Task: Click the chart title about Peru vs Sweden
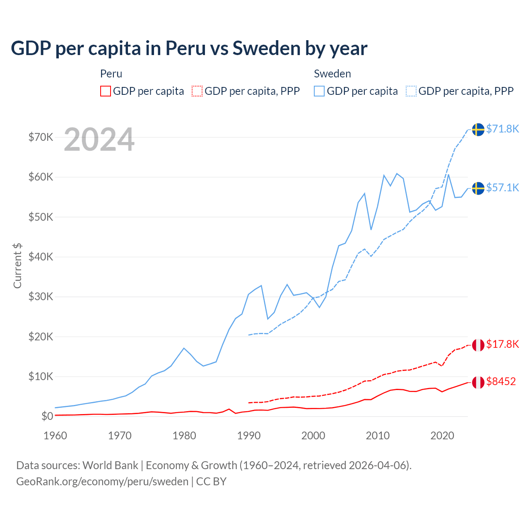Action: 189,48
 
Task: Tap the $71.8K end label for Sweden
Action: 502,129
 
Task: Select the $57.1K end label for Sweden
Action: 502,188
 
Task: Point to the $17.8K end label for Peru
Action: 502,344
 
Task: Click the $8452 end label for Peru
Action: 501,381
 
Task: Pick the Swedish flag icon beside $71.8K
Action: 478,130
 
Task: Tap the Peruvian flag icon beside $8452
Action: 478,382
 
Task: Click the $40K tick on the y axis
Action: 41,257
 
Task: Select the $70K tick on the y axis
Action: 41,137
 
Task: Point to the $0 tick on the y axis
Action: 47,416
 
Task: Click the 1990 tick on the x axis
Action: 249,436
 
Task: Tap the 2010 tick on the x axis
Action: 378,436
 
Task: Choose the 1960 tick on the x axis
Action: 55,436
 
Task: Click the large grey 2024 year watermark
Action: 99,140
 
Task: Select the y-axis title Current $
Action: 17,265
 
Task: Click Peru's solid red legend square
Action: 106,91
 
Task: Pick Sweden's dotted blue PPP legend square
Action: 411,91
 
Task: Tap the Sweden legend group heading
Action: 332,74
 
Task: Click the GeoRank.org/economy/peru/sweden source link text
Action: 102,482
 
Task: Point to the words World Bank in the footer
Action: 110,465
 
